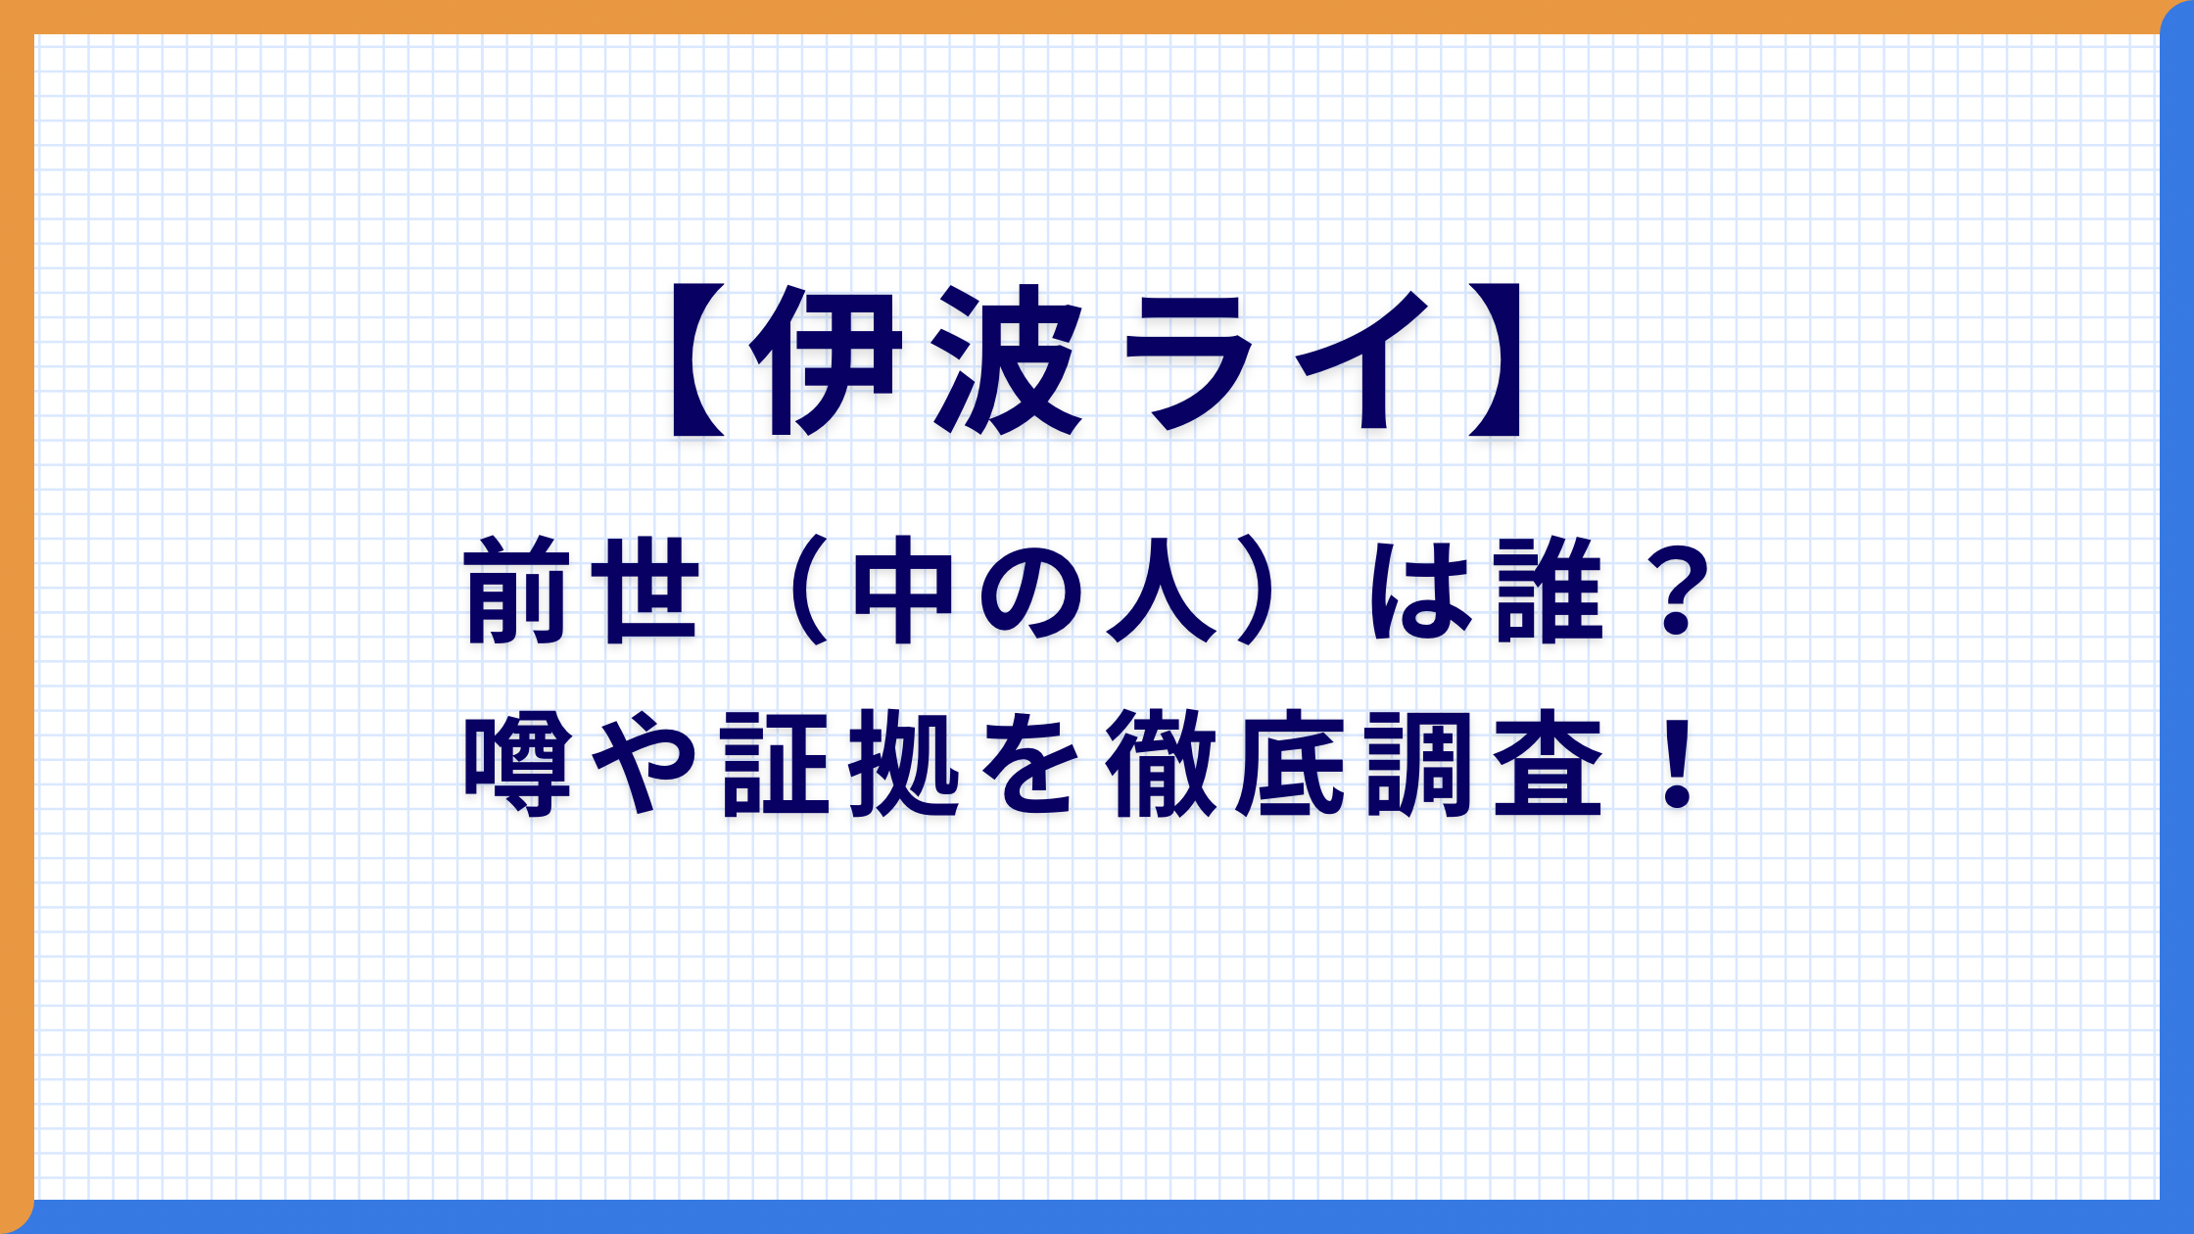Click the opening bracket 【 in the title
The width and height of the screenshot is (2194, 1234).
pos(697,359)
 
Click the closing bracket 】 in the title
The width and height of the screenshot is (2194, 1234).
pos(1495,359)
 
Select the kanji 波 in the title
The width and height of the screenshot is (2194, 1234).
pos(1007,359)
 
